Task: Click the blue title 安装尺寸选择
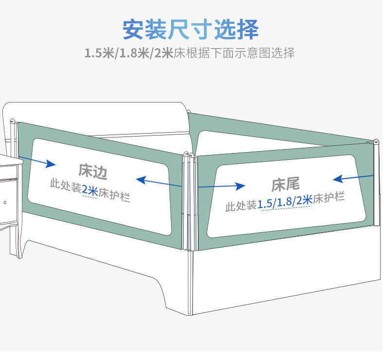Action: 190,30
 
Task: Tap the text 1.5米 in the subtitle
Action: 99,53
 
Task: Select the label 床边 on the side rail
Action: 93,171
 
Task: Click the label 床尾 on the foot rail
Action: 285,185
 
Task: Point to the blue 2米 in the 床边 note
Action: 90,190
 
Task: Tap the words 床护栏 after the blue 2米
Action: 115,194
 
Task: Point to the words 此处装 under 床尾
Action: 241,206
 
